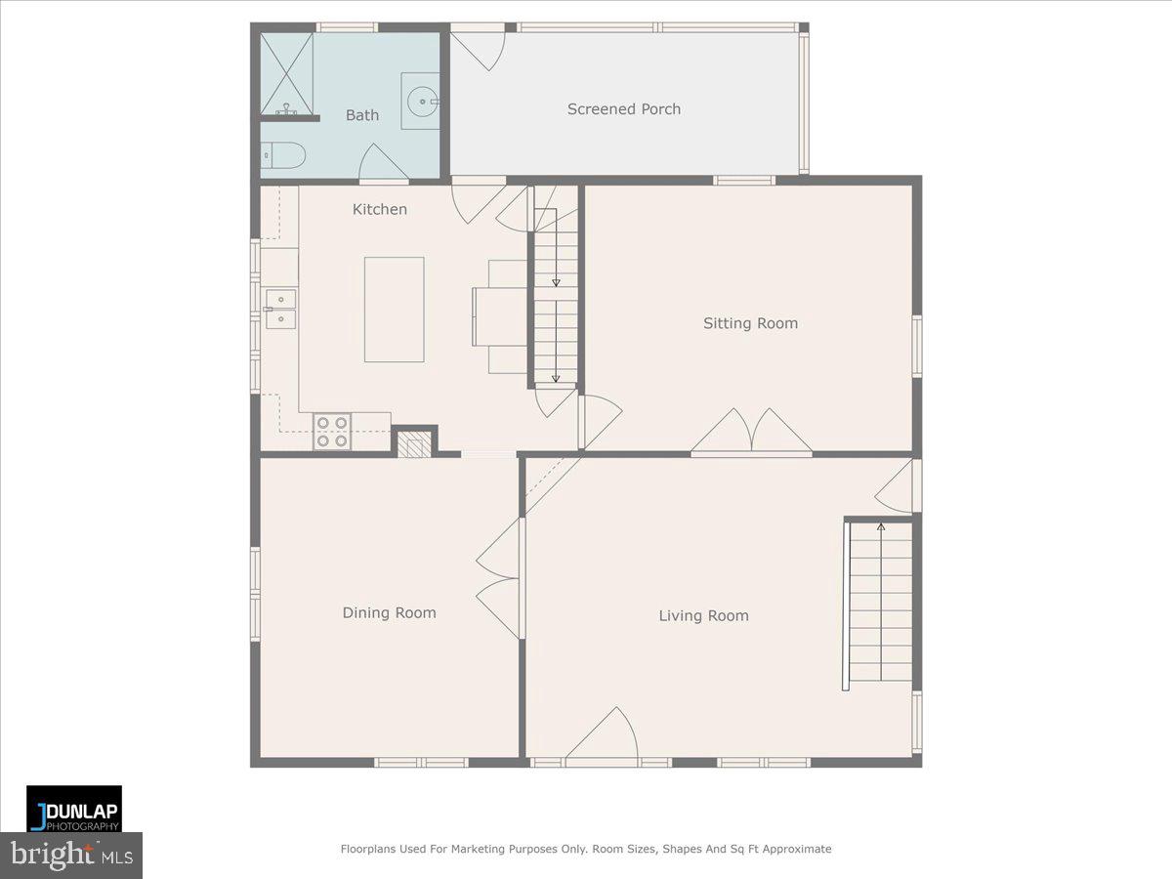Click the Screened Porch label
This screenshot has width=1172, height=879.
(624, 109)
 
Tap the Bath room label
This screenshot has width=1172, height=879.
(362, 115)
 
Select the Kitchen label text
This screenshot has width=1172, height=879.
(380, 209)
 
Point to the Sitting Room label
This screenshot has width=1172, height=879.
(750, 323)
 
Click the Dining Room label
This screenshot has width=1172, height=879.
(389, 613)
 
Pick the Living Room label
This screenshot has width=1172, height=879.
(703, 615)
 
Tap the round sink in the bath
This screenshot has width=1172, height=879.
(421, 99)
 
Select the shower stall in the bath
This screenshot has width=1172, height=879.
(287, 74)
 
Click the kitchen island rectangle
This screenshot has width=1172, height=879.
(395, 309)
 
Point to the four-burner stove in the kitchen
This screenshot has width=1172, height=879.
(331, 432)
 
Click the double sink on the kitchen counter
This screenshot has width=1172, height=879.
(280, 309)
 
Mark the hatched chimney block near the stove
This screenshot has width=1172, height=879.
(413, 443)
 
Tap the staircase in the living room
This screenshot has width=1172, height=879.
(880, 604)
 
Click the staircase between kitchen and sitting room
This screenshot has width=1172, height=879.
(556, 303)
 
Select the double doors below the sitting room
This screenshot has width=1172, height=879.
(751, 433)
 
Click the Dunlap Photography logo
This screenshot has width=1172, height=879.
(74, 809)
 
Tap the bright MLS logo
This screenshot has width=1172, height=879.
(71, 856)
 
